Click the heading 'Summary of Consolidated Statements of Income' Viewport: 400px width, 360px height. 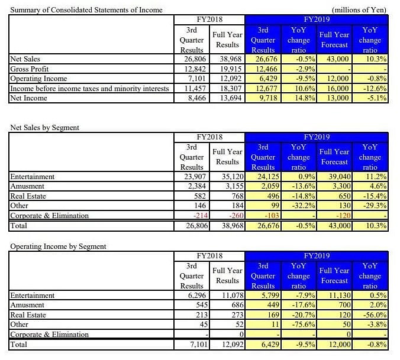pyautogui.click(x=86, y=10)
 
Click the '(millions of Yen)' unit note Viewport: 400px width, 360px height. pyautogui.click(x=360, y=10)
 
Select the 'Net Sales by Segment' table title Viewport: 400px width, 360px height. pyautogui.click(x=45, y=127)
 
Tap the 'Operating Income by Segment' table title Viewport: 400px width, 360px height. pyautogui.click(x=57, y=246)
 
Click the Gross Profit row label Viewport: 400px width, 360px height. pyautogui.click(x=30, y=69)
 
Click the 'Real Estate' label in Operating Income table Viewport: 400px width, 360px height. pyautogui.click(x=28, y=315)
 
